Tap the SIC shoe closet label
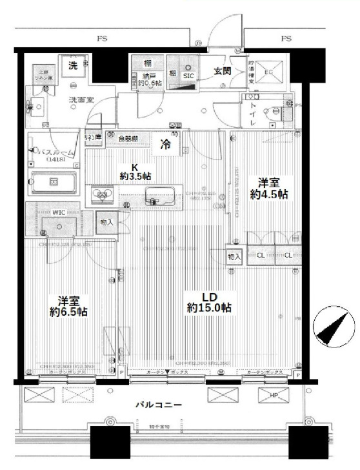tap(188, 75)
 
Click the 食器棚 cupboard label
tap(132, 138)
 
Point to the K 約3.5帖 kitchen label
tap(135, 170)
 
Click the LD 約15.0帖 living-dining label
tap(209, 302)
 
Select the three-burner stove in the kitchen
tap(102, 195)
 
